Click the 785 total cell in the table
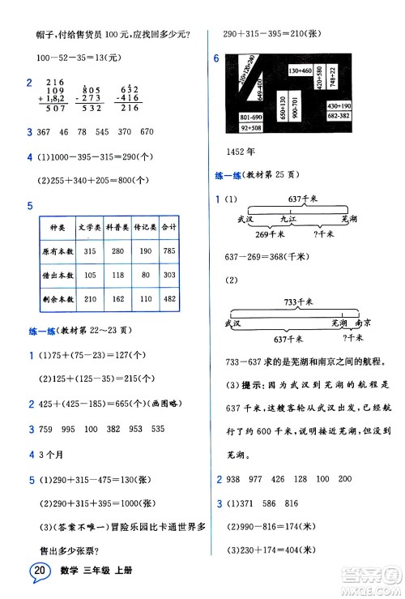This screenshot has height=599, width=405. tap(169, 251)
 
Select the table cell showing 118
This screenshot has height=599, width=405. tap(120, 275)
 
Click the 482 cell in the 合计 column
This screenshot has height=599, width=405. tap(169, 298)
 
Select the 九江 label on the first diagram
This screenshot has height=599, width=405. tap(289, 217)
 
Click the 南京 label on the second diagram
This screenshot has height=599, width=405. tap(352, 322)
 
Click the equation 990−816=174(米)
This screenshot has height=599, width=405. tap(275, 526)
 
